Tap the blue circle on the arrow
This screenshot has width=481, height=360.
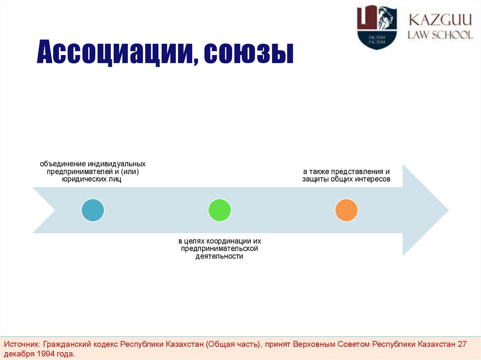[x=93, y=210]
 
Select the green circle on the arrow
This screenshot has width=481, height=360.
[x=219, y=210]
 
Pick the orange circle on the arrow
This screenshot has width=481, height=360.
[x=346, y=210]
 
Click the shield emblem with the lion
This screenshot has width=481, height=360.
[x=377, y=27]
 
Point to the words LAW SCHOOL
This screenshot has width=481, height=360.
[x=440, y=35]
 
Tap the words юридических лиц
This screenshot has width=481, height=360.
[x=93, y=179]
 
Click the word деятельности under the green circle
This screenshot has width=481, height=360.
[x=219, y=256]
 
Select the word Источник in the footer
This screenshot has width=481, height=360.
[x=22, y=344]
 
